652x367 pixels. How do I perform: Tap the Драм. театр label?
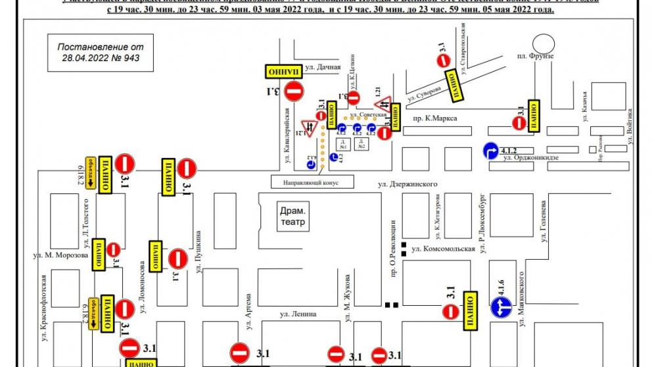(x=292, y=216)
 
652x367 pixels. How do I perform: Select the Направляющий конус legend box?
(x=312, y=182)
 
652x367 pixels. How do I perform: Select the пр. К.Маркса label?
(x=435, y=118)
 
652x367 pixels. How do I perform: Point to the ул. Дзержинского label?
(x=407, y=185)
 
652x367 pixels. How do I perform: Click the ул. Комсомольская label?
(x=442, y=249)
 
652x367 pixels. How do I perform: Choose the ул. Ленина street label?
(x=298, y=314)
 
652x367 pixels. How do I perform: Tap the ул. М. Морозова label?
(x=60, y=255)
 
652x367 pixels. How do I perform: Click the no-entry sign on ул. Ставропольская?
(x=445, y=61)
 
